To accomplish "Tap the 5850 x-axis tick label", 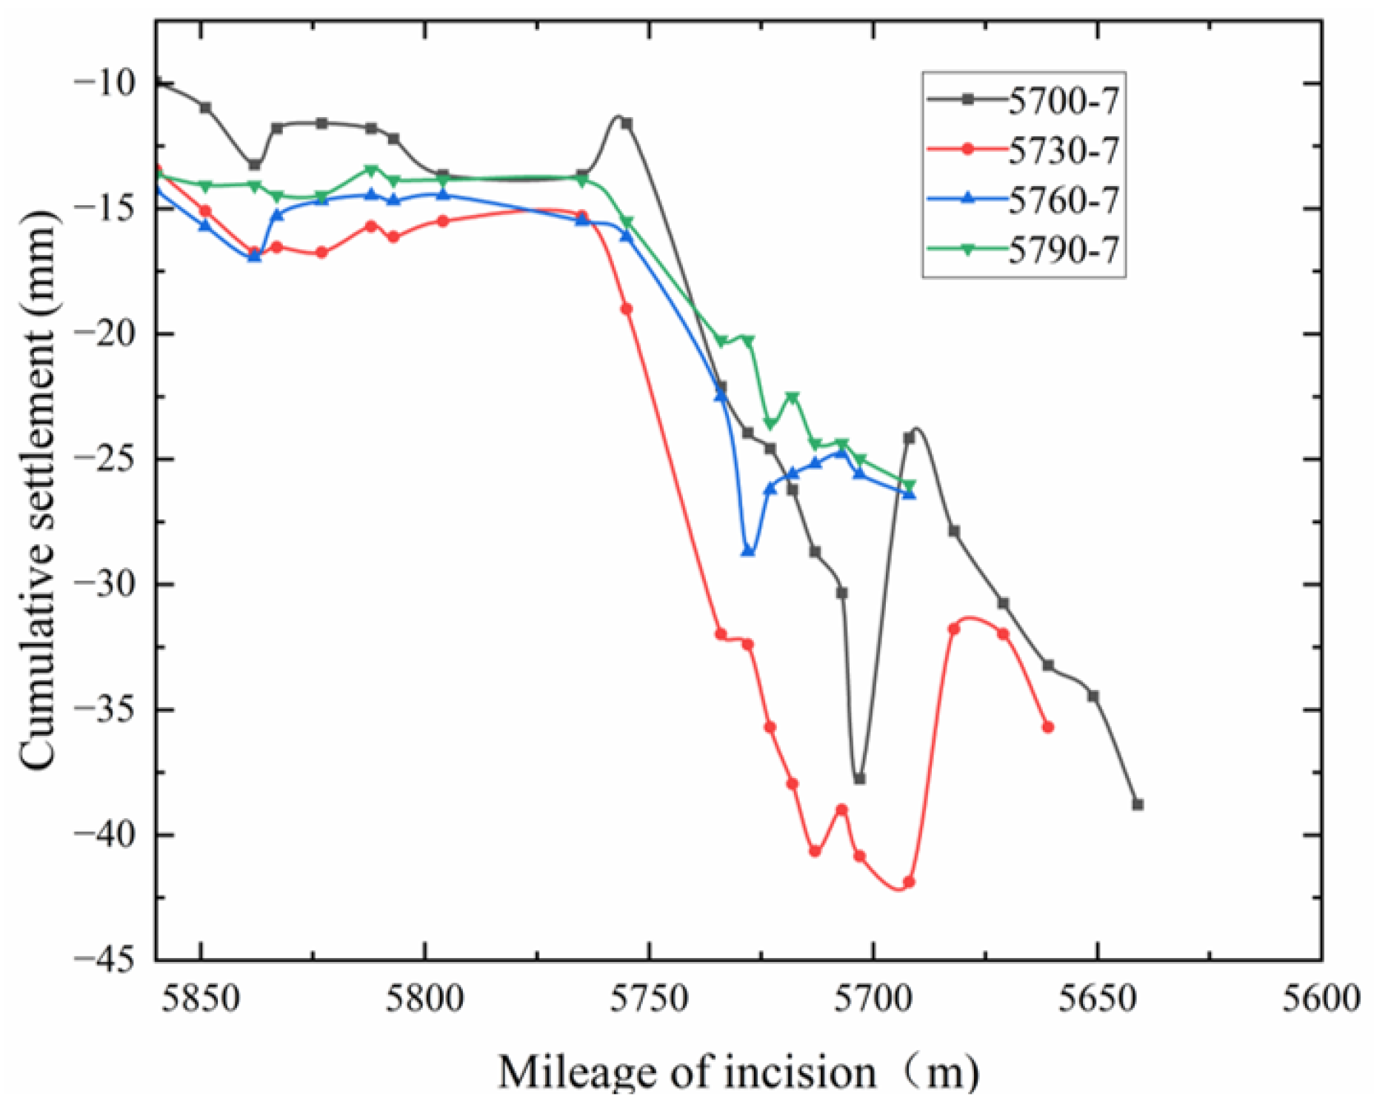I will [x=201, y=999].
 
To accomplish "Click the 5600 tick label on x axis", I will [x=1321, y=999].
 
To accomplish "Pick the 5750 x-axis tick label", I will [x=650, y=999].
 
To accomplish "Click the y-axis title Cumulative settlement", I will [x=37, y=489].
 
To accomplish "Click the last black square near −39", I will [x=1138, y=805].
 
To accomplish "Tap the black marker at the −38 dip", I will [x=859, y=779].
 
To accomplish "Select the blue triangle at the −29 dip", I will [x=748, y=551].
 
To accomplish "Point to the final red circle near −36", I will [x=1048, y=728].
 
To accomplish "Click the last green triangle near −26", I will [x=910, y=485].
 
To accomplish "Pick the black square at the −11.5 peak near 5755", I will [x=627, y=123].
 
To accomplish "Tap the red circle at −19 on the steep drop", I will [x=627, y=309].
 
